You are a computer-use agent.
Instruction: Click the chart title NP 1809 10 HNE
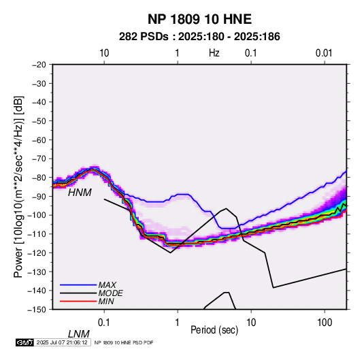[199, 19]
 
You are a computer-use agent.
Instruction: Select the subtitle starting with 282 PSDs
[199, 37]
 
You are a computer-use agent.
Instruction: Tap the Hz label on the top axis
[214, 53]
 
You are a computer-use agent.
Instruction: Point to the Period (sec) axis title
[214, 330]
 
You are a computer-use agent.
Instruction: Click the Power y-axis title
[18, 187]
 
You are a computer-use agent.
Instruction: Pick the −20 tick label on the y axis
[39, 65]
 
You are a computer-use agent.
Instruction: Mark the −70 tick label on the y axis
[39, 159]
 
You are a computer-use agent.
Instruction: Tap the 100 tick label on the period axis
[325, 323]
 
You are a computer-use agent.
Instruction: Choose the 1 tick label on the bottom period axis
[178, 323]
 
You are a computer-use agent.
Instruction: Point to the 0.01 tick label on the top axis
[324, 53]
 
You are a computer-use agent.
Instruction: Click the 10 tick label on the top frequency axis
[104, 53]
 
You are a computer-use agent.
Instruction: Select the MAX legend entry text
[107, 285]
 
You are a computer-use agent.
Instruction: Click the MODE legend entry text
[111, 293]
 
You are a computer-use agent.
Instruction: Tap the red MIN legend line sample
[78, 301]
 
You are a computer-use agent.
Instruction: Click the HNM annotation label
[80, 193]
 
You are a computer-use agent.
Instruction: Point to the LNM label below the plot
[78, 334]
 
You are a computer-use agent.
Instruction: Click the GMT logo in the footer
[25, 342]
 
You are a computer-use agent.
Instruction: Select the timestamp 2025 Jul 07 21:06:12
[62, 342]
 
